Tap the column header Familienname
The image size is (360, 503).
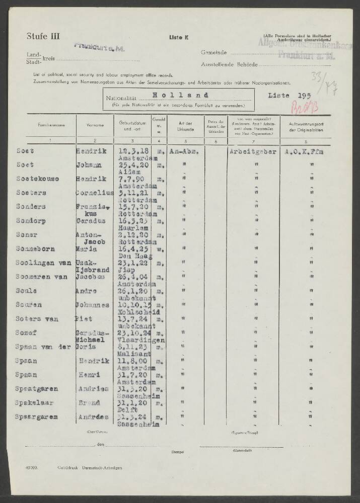coord(46,125)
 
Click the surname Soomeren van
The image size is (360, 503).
coord(40,276)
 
